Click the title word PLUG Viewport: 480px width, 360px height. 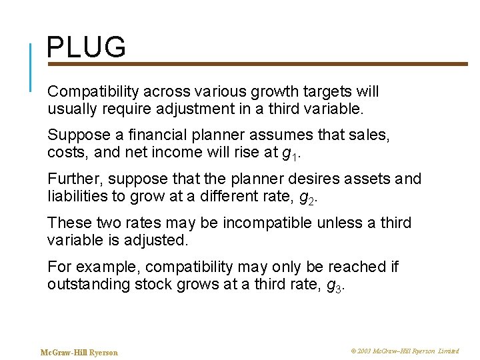tap(86, 48)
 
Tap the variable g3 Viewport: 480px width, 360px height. tap(338, 285)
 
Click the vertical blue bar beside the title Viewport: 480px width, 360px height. tap(31, 67)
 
